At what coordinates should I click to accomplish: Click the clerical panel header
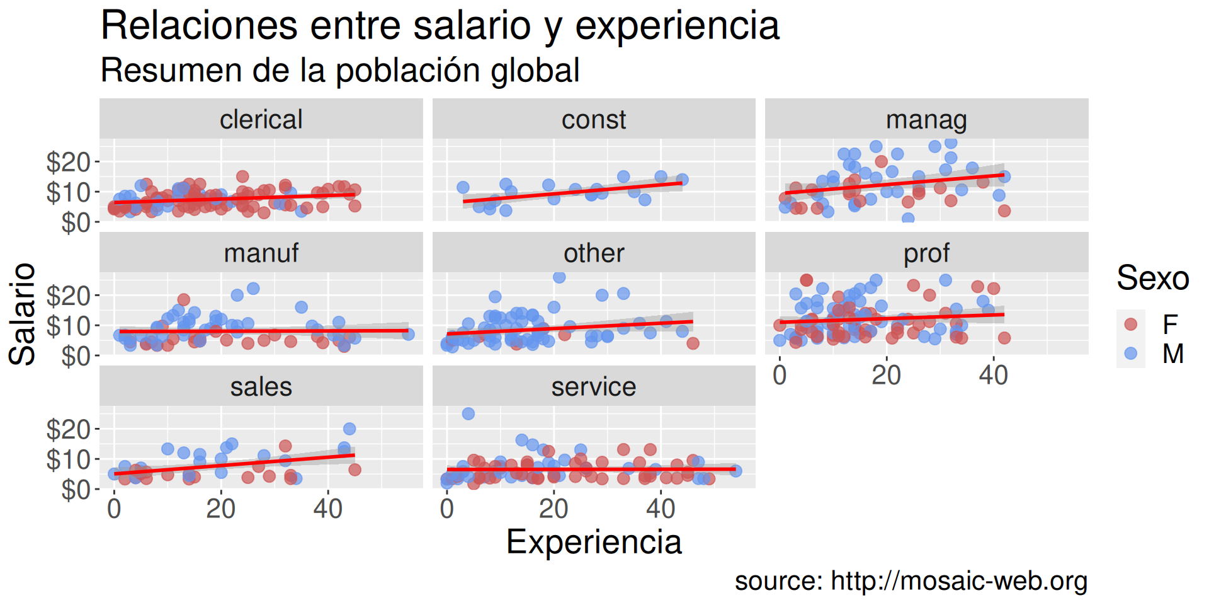point(261,120)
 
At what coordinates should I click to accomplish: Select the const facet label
point(593,120)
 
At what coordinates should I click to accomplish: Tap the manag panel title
point(926,120)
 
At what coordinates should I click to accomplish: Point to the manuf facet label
point(261,253)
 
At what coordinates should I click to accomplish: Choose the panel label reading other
point(593,253)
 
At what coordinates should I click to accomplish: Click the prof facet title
point(926,253)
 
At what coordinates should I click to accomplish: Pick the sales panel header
point(261,387)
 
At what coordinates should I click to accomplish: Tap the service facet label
point(593,387)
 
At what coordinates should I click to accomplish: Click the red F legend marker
point(1131,324)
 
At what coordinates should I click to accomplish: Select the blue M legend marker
point(1131,353)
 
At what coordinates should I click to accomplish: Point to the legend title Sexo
point(1152,278)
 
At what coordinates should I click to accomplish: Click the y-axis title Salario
point(23,314)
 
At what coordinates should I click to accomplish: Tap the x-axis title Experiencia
point(593,542)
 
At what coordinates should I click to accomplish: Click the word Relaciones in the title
point(199,26)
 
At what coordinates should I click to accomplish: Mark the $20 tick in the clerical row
point(69,162)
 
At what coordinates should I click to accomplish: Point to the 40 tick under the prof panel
point(993,376)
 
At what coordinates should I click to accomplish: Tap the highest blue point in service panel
point(468,413)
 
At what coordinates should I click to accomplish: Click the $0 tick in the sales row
point(76,489)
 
